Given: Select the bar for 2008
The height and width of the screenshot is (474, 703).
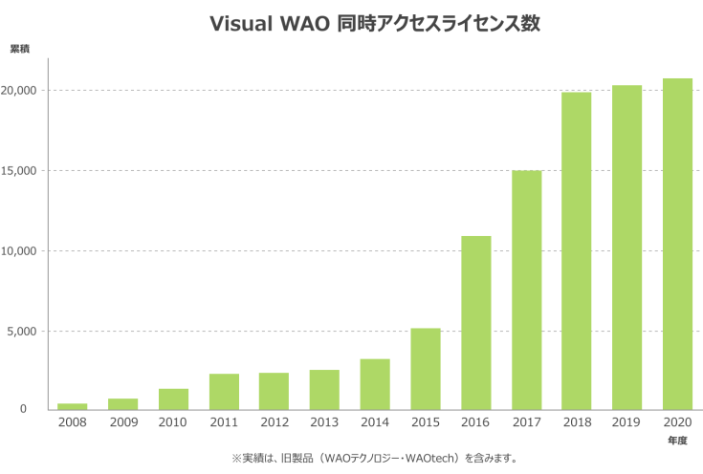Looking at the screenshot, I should click(73, 406).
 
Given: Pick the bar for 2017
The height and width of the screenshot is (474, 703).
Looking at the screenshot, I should click(526, 291).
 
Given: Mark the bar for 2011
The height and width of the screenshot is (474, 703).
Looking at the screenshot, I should click(224, 392).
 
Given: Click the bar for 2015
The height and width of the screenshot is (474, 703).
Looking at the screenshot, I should click(426, 369).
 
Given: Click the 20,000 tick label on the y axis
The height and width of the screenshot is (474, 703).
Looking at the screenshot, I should click(20, 91).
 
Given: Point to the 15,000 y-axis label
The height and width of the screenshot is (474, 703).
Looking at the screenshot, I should click(20, 171).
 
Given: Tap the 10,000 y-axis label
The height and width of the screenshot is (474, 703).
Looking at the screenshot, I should click(20, 251).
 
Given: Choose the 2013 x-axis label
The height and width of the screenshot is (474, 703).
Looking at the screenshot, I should click(324, 421).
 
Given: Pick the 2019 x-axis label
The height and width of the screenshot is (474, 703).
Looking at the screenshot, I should click(627, 421).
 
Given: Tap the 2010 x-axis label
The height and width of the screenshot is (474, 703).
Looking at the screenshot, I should click(173, 421).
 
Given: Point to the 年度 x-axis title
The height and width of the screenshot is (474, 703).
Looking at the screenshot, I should click(678, 442).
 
